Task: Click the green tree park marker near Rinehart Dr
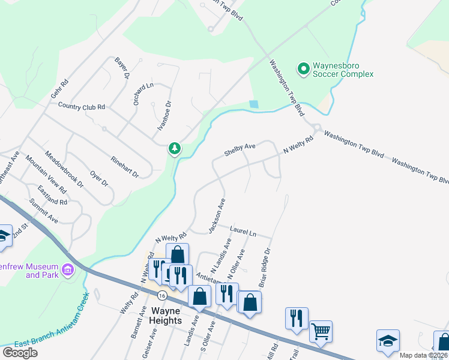coord(175,148)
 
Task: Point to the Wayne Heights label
coord(166,316)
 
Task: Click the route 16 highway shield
coord(162,296)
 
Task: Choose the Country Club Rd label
coord(82,106)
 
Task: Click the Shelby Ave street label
coord(240,149)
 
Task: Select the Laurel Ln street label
coord(243,230)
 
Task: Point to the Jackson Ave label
coord(216,216)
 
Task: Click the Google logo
coord(20,353)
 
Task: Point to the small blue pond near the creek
coord(254,104)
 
